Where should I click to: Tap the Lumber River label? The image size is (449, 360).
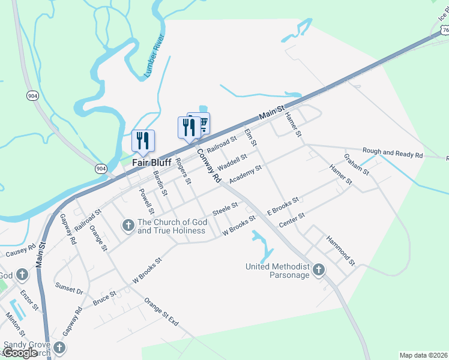[154, 56]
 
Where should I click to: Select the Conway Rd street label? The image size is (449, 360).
[208, 166]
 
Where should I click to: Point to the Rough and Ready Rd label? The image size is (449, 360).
[393, 154]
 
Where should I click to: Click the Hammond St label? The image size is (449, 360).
[341, 250]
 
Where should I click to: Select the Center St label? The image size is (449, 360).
[292, 220]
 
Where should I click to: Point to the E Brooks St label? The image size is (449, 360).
[283, 206]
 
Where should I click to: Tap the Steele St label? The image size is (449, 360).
[226, 211]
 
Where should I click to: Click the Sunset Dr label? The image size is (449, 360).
[69, 288]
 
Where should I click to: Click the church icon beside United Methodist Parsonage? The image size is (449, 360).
[318, 270]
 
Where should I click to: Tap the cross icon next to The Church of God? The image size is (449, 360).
[127, 226]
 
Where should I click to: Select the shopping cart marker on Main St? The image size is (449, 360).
[202, 123]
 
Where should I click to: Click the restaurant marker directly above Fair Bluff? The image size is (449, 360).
[143, 140]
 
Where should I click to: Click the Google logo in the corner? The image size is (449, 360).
[20, 353]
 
